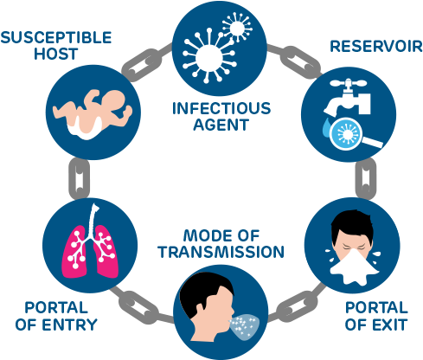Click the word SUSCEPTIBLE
tap(56, 37)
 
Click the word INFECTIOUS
tap(221, 109)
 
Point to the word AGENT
tap(221, 125)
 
